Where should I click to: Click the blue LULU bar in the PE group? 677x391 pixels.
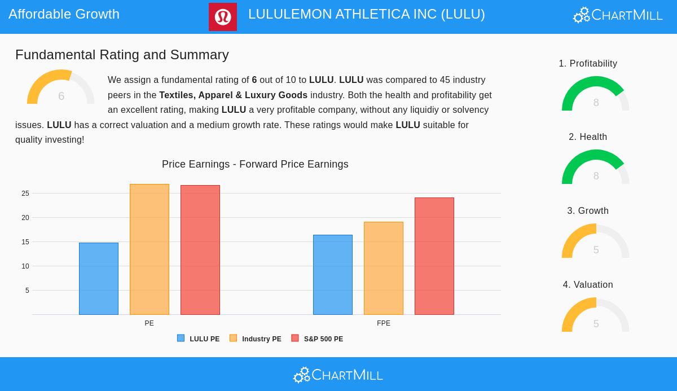click(x=99, y=279)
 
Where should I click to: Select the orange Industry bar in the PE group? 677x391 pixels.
click(x=150, y=249)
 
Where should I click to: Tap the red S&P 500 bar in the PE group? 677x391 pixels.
click(x=200, y=250)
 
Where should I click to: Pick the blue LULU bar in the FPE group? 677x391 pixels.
click(x=333, y=275)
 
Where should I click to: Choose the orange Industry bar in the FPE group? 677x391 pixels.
click(x=384, y=268)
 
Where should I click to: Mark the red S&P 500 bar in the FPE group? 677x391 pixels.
click(x=434, y=256)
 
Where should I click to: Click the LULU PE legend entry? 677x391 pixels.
click(x=199, y=339)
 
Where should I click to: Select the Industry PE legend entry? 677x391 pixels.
click(x=256, y=339)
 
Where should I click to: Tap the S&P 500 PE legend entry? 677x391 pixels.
click(x=317, y=339)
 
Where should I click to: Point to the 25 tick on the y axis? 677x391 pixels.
click(x=25, y=194)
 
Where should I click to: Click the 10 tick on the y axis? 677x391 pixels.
click(x=25, y=266)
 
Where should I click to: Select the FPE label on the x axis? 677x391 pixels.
click(x=384, y=323)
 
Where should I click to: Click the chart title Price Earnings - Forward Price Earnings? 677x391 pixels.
click(x=255, y=164)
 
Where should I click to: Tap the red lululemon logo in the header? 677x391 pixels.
click(x=223, y=17)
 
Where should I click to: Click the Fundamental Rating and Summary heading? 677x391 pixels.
click(x=122, y=55)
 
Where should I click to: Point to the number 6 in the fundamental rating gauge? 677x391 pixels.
click(x=61, y=96)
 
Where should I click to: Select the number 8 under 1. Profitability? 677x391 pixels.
click(x=596, y=102)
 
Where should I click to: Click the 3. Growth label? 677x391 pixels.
click(x=588, y=210)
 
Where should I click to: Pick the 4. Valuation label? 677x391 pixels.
click(x=588, y=284)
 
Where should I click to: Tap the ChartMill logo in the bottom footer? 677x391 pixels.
click(x=338, y=375)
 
